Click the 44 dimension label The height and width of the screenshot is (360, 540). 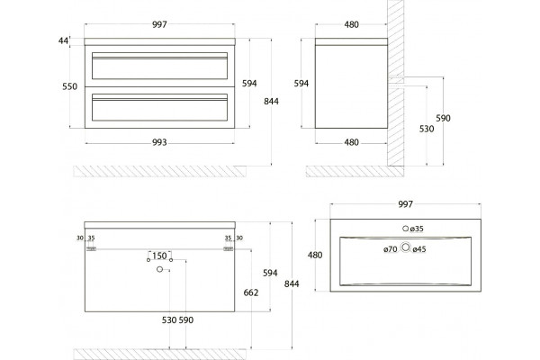click(x=63, y=41)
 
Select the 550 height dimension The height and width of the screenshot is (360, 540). click(x=70, y=86)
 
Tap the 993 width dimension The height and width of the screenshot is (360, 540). click(x=159, y=142)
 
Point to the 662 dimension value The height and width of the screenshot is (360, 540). click(x=251, y=292)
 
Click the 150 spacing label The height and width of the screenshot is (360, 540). click(x=159, y=256)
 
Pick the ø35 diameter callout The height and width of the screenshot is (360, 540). click(x=418, y=229)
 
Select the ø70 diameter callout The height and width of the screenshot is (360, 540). click(x=391, y=249)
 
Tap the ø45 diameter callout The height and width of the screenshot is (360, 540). click(x=419, y=249)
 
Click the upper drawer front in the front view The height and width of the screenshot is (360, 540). click(x=160, y=66)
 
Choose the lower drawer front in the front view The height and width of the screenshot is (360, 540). click(x=160, y=107)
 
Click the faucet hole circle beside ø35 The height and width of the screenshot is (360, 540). click(x=406, y=229)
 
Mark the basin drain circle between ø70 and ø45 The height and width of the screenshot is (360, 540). click(x=406, y=247)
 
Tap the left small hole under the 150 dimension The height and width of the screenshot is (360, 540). click(x=148, y=260)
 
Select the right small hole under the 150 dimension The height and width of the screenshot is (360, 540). click(x=171, y=260)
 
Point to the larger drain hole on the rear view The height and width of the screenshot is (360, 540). click(x=159, y=269)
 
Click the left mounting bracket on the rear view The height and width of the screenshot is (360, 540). click(x=91, y=248)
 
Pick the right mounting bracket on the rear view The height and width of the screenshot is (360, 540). click(x=229, y=248)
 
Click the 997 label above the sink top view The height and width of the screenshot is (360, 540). click(x=405, y=204)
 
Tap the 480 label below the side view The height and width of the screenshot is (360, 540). click(x=352, y=142)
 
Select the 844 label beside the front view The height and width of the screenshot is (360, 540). click(x=272, y=102)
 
